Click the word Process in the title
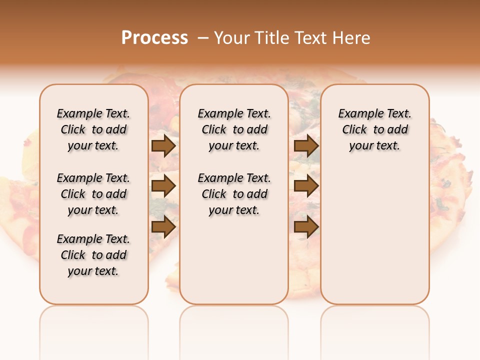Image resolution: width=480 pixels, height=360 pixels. (154, 38)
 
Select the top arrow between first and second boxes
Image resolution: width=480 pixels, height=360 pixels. (163, 146)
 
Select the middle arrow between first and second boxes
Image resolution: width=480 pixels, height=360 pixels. (163, 186)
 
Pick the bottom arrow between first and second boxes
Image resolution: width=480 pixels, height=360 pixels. (163, 227)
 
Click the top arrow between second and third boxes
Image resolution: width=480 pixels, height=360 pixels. (306, 146)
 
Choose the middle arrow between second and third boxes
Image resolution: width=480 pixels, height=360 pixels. (306, 186)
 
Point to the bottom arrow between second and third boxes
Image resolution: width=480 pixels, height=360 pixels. (306, 227)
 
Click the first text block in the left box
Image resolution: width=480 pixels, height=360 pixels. (93, 129)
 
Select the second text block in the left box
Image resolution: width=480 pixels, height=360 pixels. (93, 194)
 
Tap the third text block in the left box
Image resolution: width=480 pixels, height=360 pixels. (93, 255)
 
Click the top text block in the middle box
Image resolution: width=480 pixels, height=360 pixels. (234, 129)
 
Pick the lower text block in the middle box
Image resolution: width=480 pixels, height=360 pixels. (234, 194)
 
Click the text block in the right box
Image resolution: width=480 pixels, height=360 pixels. (374, 129)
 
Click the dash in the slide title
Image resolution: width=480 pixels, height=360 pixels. (203, 38)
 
